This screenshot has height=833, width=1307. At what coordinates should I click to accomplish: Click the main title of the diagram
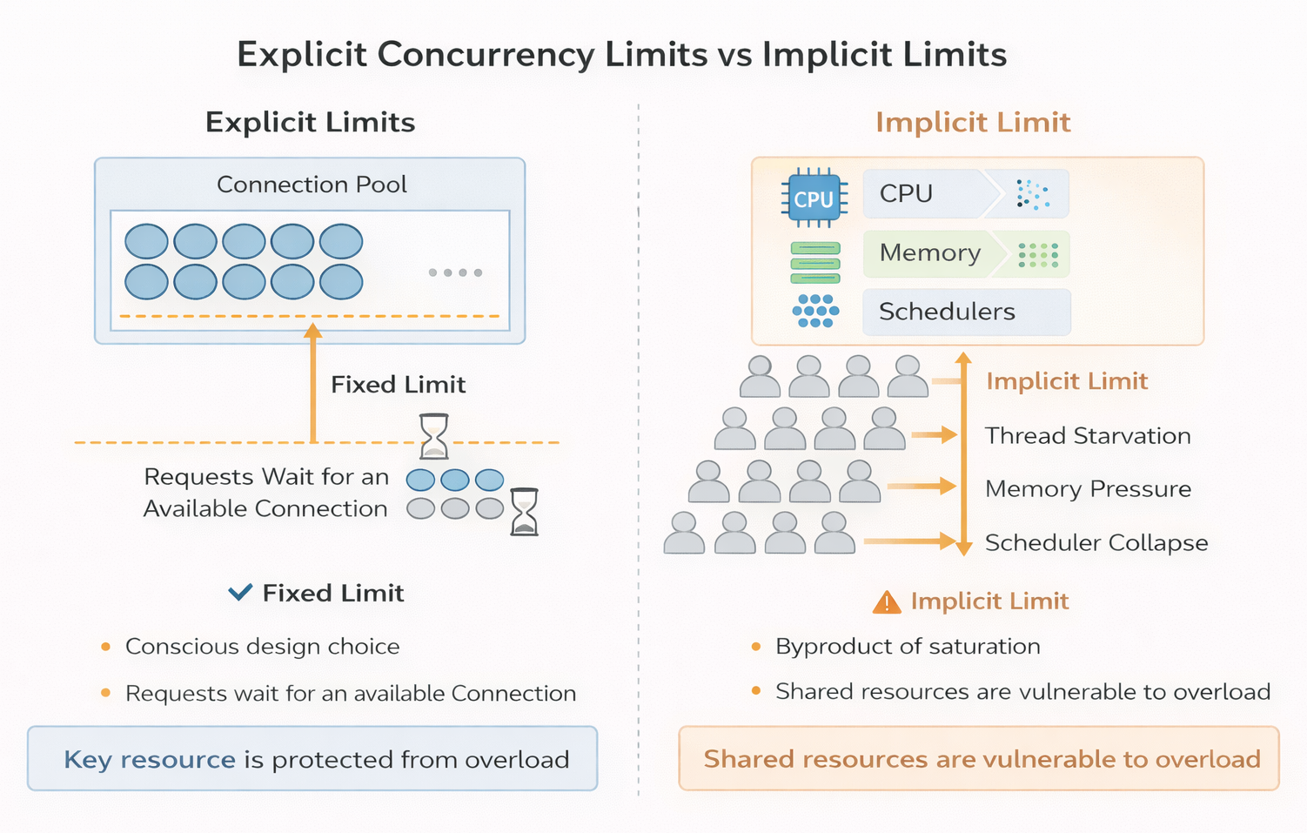pos(621,55)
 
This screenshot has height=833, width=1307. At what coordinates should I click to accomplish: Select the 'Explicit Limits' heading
pos(310,123)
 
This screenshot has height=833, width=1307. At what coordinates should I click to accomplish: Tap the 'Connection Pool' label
pos(312,185)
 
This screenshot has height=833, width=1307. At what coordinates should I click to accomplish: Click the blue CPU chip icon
pos(813,198)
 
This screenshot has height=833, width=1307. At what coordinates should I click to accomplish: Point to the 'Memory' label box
pos(930,253)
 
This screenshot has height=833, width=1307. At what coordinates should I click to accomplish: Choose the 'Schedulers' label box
pos(947,312)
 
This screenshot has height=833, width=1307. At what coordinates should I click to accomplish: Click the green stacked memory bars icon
pos(815,263)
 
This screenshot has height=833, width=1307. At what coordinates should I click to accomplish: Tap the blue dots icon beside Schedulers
pos(815,311)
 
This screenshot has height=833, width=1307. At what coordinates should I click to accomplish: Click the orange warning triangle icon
pos(886,602)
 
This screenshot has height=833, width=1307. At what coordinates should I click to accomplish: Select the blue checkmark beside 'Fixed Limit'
pos(240,593)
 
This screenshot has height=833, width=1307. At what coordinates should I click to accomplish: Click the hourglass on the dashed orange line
pos(434,436)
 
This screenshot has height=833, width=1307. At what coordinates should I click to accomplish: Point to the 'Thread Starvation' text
pos(1088,436)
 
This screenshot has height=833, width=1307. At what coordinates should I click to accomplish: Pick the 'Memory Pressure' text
pos(1088,489)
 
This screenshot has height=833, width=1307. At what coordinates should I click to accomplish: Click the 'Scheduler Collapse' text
pos(1096,543)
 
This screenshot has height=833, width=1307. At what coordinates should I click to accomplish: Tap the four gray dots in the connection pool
pos(455,272)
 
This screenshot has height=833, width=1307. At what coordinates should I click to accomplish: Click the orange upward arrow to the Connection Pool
pos(313,383)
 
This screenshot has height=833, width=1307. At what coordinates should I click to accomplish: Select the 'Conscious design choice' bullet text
pos(262,647)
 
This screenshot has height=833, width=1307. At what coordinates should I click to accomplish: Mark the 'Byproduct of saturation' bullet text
pos(908,647)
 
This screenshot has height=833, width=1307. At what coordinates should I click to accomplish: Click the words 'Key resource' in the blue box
pos(150,760)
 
